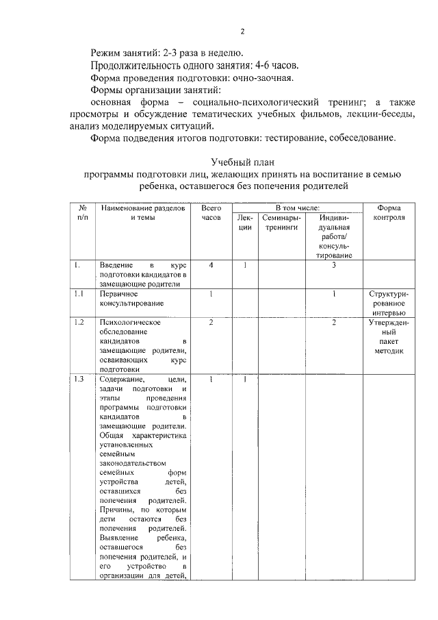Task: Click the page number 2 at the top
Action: tap(242, 31)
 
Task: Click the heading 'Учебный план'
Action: tap(242, 162)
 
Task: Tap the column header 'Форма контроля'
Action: tap(388, 212)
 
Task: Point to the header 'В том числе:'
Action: tap(298, 208)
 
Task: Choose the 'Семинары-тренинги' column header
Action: tap(281, 223)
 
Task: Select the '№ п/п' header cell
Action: tap(82, 212)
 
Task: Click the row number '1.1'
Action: tap(79, 293)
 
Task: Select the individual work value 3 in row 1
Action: tap(333, 265)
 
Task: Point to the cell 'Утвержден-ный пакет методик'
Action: tap(388, 336)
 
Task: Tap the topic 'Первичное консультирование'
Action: tap(127, 298)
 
